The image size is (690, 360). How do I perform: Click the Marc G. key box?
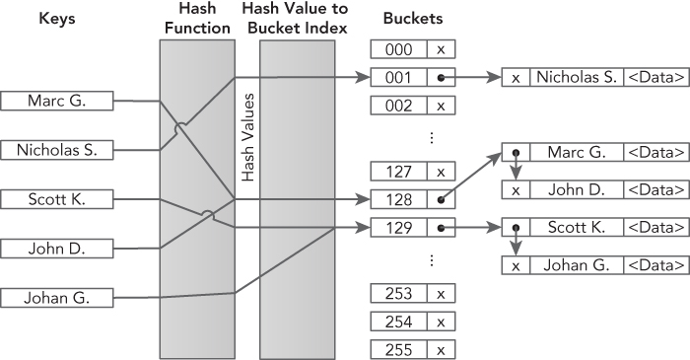click(57, 100)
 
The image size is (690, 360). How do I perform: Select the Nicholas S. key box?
click(57, 149)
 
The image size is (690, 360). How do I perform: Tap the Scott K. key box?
click(57, 199)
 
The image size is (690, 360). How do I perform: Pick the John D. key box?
click(57, 247)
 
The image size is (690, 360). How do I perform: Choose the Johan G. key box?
click(57, 296)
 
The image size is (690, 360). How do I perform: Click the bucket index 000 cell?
click(398, 49)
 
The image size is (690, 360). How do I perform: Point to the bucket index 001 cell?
click(398, 77)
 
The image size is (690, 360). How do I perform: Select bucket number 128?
click(398, 199)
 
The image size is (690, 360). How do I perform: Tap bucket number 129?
click(398, 228)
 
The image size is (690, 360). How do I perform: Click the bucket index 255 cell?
click(398, 349)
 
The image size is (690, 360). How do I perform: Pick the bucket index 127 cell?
click(398, 172)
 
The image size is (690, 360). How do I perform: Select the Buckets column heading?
click(412, 18)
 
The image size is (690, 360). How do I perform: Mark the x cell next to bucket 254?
click(441, 322)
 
